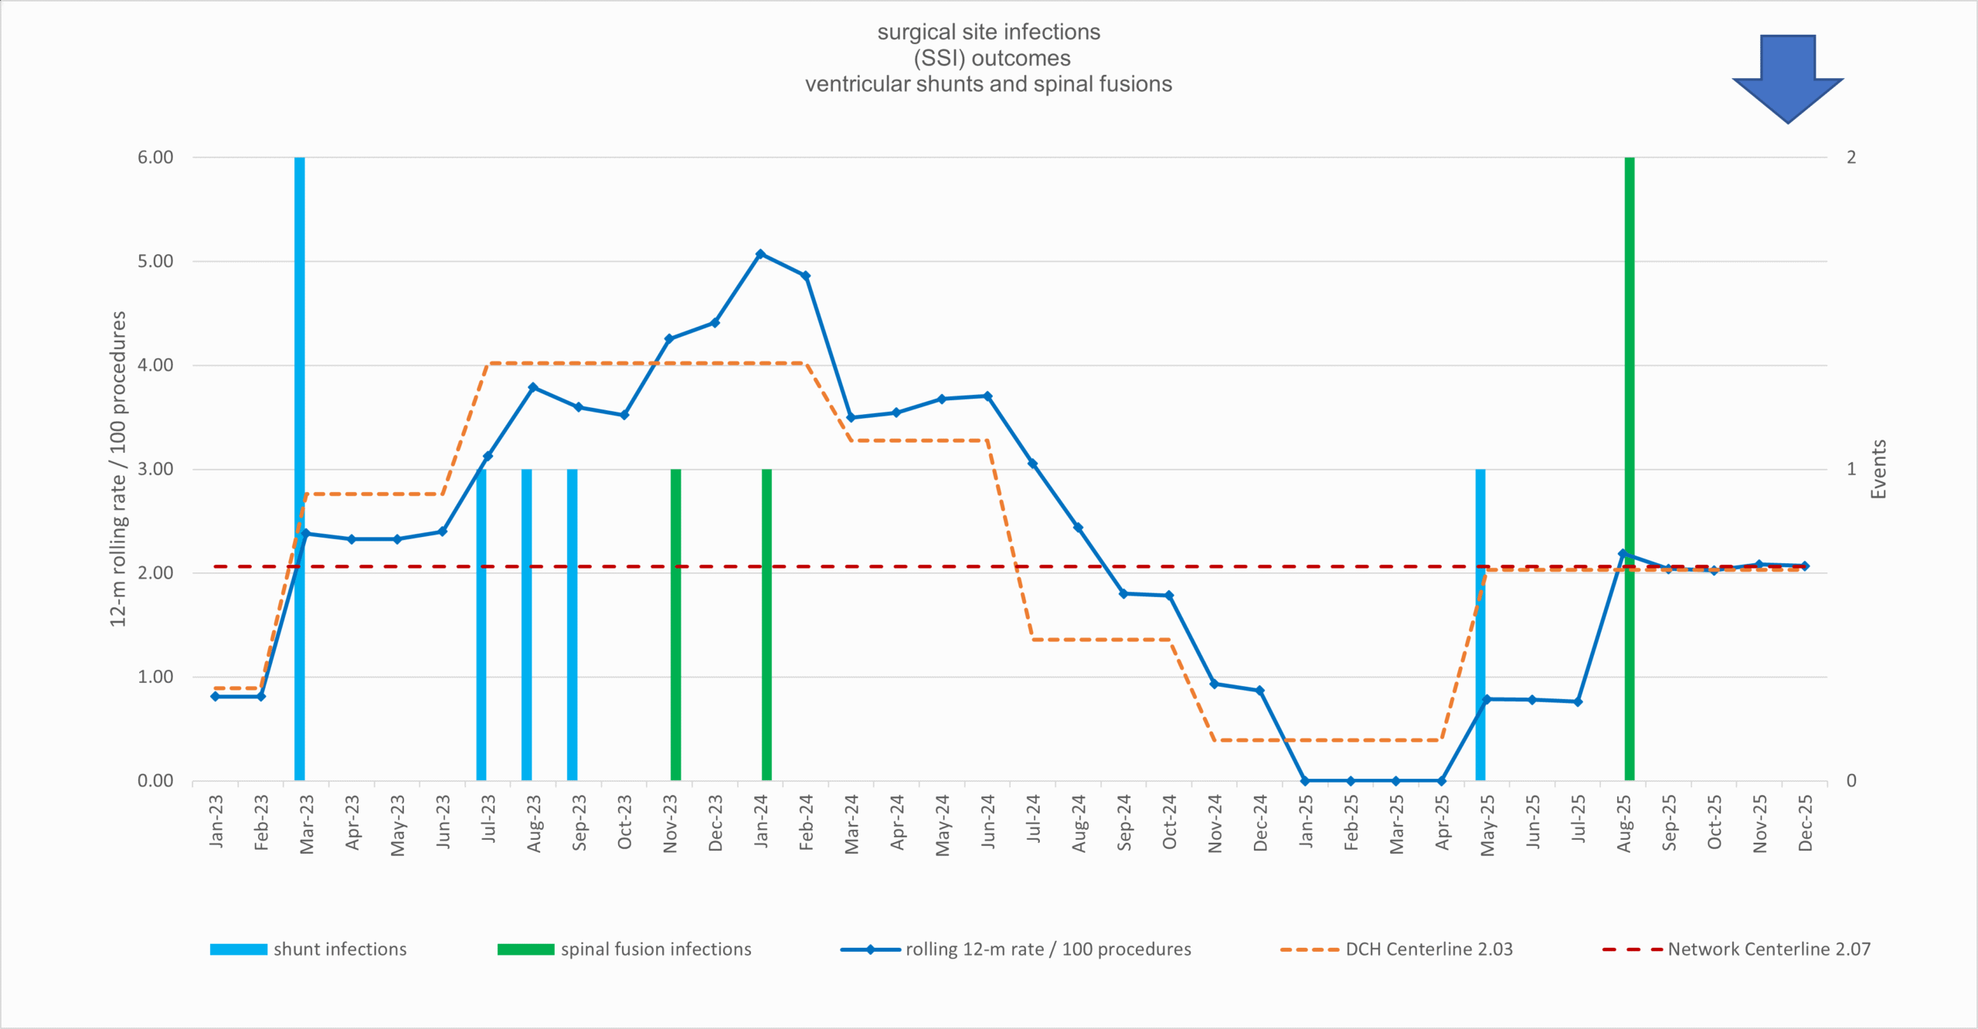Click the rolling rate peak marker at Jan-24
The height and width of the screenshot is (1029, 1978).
click(x=760, y=254)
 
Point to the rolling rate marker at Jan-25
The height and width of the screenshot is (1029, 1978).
click(x=1305, y=781)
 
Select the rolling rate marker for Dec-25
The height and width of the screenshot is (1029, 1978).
click(x=1805, y=565)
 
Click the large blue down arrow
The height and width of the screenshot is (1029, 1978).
click(x=1787, y=77)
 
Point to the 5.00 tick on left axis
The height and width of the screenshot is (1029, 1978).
click(x=155, y=261)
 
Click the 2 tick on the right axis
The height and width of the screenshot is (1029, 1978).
click(x=1851, y=158)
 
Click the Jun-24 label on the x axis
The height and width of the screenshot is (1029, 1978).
click(x=987, y=823)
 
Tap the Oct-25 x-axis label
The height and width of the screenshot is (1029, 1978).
click(x=1715, y=823)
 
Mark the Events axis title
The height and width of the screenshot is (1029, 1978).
click(x=1878, y=469)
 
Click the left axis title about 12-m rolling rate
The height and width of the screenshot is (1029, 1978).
click(x=117, y=469)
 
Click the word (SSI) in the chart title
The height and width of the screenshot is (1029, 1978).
click(x=939, y=58)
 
